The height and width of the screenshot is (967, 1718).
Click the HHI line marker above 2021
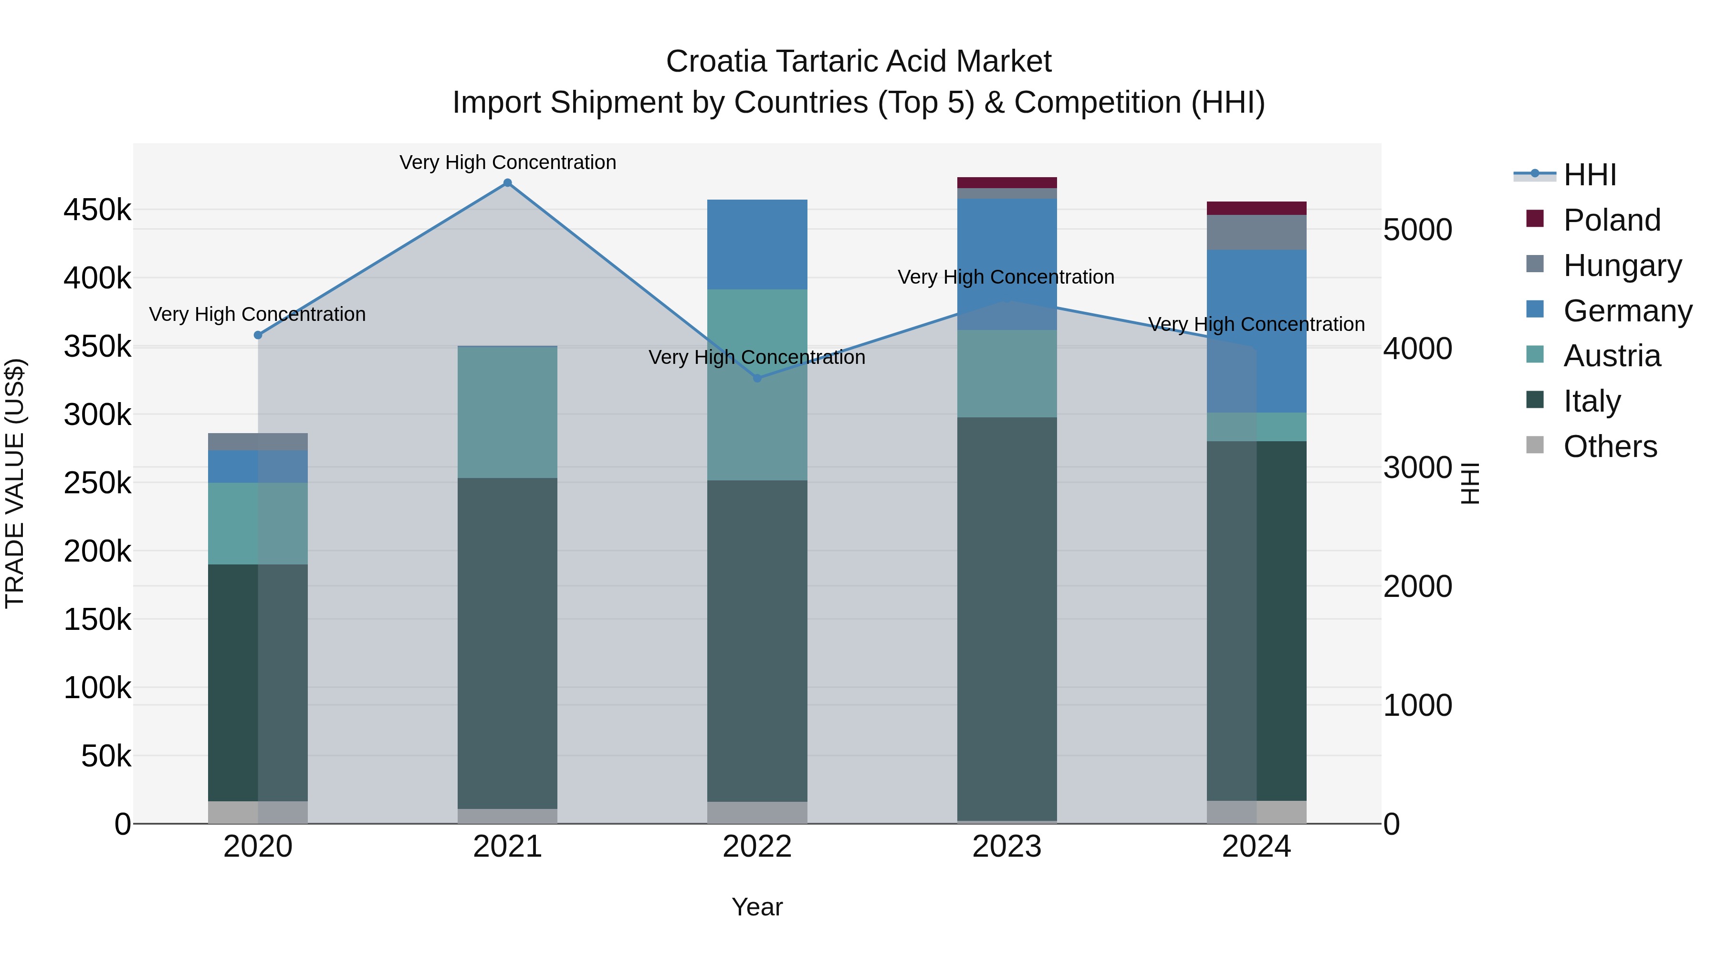click(x=508, y=183)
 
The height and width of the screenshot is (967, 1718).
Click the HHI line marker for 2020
click(x=258, y=335)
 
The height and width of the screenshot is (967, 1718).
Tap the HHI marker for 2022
click(x=757, y=378)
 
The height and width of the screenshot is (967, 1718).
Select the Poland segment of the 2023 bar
click(x=1006, y=183)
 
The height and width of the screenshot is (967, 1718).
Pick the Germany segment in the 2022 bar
click(x=757, y=244)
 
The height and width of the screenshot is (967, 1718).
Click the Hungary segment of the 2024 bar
click(x=1256, y=232)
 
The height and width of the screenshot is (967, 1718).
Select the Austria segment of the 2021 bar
click(x=508, y=413)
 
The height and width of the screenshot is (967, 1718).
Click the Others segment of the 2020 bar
click(x=258, y=812)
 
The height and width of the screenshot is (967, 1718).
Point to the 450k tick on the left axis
click(x=97, y=210)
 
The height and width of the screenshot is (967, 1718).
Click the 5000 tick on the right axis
click(x=1417, y=230)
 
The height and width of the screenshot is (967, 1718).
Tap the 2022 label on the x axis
click(x=757, y=847)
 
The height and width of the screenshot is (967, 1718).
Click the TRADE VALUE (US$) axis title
click(x=15, y=483)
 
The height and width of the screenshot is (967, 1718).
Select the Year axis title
click(x=757, y=907)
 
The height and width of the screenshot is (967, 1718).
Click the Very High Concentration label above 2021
click(x=508, y=162)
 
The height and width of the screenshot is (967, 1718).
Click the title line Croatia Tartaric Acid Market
click(x=859, y=62)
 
